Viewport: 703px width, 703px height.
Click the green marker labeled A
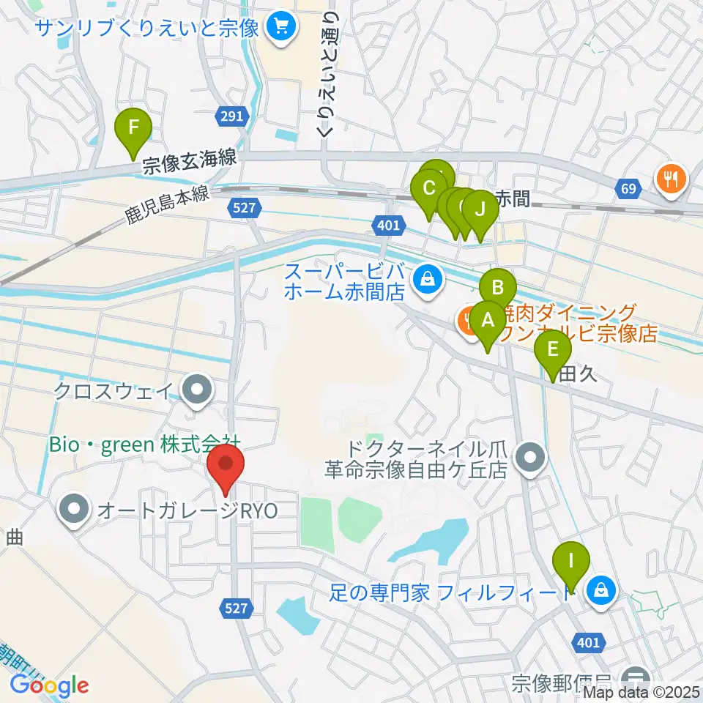486,320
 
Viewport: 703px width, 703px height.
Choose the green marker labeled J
480,209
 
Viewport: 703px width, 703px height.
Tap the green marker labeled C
429,187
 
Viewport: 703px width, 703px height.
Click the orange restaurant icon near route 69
670,176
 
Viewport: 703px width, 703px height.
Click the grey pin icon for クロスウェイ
196,389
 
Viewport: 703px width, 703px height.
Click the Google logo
49,685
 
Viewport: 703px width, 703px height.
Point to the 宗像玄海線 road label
189,161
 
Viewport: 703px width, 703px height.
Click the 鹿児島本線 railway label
168,204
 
